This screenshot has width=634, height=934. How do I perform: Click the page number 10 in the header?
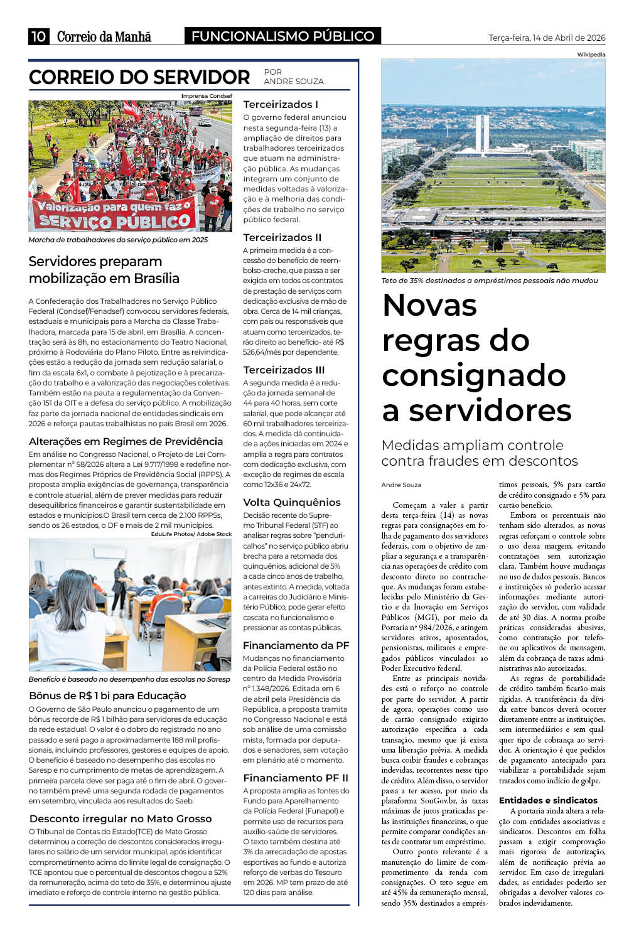(38, 36)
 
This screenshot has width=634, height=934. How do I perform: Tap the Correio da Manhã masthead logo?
(104, 36)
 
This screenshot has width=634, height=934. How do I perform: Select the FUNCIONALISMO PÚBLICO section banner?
(282, 36)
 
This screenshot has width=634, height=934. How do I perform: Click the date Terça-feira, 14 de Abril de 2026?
(547, 38)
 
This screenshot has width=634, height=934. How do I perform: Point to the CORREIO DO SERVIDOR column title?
(139, 77)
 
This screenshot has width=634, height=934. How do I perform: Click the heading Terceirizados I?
(281, 104)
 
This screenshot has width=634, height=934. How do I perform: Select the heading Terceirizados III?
(284, 370)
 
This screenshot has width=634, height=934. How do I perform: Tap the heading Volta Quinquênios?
(292, 502)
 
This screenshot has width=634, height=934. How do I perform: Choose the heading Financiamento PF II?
(296, 778)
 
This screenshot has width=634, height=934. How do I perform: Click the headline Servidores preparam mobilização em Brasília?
(104, 270)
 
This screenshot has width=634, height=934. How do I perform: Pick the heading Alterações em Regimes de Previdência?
(126, 441)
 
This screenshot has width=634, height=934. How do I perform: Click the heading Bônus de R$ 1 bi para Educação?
(107, 695)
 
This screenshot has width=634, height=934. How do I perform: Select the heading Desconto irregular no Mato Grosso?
(121, 819)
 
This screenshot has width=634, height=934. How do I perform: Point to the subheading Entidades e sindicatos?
(548, 800)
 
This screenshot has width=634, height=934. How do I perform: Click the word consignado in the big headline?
(474, 375)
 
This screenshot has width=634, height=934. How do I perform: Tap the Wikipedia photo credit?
(591, 55)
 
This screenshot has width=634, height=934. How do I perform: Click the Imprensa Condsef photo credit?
(207, 96)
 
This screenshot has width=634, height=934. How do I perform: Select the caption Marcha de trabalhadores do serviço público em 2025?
(118, 240)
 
